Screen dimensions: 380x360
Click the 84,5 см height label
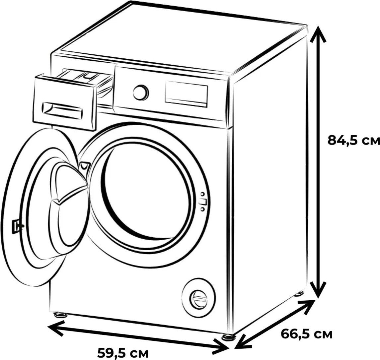pyautogui.click(x=353, y=141)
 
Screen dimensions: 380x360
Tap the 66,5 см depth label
pyautogui.click(x=307, y=334)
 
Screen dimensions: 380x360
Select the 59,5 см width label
pyautogui.click(x=122, y=353)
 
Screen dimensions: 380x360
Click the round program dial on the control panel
pyautogui.click(x=141, y=92)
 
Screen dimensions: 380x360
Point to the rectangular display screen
pyautogui.click(x=186, y=94)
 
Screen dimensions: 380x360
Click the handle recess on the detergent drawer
pyautogui.click(x=62, y=110)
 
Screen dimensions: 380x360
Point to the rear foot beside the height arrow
pyautogui.click(x=299, y=294)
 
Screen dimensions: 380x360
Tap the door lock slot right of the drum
pyautogui.click(x=202, y=202)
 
